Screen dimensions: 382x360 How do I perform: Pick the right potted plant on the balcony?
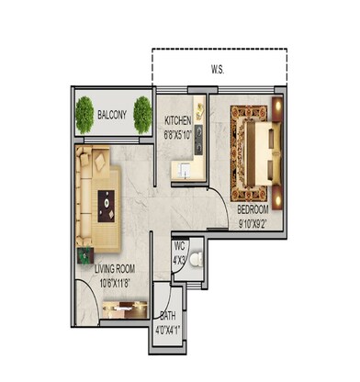pyautogui.click(x=142, y=115)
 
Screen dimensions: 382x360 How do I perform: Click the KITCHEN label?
pyautogui.click(x=178, y=121)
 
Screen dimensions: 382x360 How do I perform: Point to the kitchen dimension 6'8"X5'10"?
pyautogui.click(x=179, y=133)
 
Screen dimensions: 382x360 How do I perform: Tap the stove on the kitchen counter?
pyautogui.click(x=199, y=141)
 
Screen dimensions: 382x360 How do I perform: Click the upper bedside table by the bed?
pyautogui.click(x=278, y=110)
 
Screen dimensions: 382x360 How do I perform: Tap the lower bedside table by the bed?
pyautogui.click(x=277, y=195)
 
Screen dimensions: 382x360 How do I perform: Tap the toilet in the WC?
pyautogui.click(x=205, y=262)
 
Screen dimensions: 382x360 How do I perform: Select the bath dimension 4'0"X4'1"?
pyautogui.click(x=167, y=326)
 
